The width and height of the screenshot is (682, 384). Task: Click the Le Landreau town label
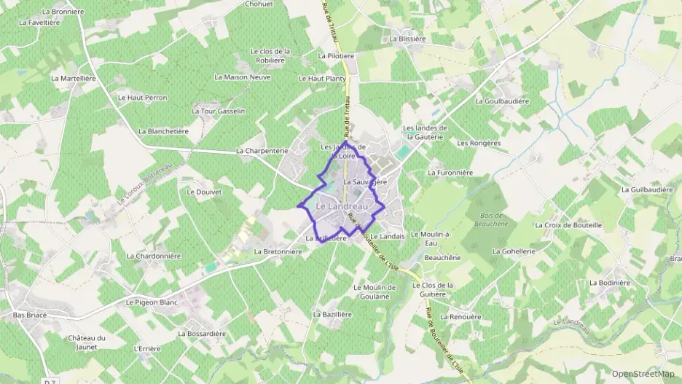tap(340, 207)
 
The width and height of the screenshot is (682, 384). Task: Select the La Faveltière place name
tap(39, 22)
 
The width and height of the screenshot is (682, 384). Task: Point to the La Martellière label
tap(75, 78)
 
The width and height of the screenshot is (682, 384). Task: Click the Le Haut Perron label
tap(142, 98)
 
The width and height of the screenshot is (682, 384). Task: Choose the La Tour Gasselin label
tap(218, 111)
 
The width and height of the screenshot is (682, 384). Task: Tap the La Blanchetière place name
tap(163, 132)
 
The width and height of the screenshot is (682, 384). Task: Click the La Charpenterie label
tap(262, 151)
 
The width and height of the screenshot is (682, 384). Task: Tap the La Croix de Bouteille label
tap(568, 225)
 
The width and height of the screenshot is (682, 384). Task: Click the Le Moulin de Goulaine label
tap(375, 291)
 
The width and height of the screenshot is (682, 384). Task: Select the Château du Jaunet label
tap(87, 342)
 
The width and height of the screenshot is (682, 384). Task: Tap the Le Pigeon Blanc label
tap(152, 302)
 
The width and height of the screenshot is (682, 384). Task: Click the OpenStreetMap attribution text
tap(644, 374)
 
